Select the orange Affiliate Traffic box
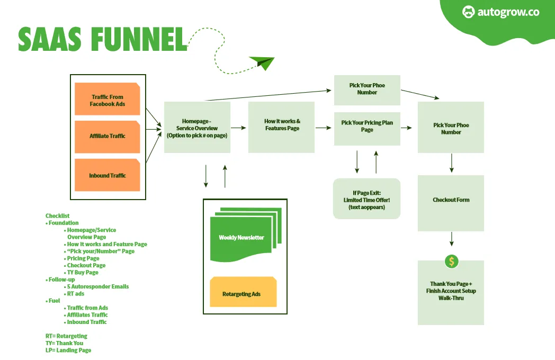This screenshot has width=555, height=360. click(x=108, y=136)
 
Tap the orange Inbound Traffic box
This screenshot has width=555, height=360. click(x=108, y=175)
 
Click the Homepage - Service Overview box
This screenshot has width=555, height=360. click(x=197, y=128)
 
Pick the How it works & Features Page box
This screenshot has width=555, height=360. click(x=282, y=125)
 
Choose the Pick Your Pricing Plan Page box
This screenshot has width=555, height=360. click(x=367, y=129)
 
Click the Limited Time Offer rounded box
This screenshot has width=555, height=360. click(x=366, y=199)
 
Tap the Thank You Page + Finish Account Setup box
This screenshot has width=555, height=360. click(x=451, y=294)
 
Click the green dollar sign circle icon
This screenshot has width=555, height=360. click(x=451, y=261)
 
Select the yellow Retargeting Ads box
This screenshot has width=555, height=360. click(x=243, y=292)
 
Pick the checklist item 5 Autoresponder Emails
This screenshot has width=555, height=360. click(x=97, y=286)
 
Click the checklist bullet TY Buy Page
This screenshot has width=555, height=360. click(x=83, y=272)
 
